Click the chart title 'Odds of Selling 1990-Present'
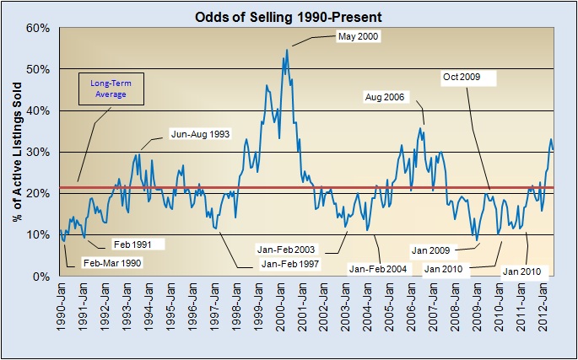point(289,16)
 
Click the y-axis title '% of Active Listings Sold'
point(17,153)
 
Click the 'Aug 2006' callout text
point(386,98)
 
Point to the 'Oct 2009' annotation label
point(461,78)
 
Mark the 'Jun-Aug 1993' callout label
point(201,133)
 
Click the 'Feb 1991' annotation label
point(132,244)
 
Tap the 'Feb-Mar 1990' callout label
point(112,263)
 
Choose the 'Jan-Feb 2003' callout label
point(286,250)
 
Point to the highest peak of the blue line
point(287,50)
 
